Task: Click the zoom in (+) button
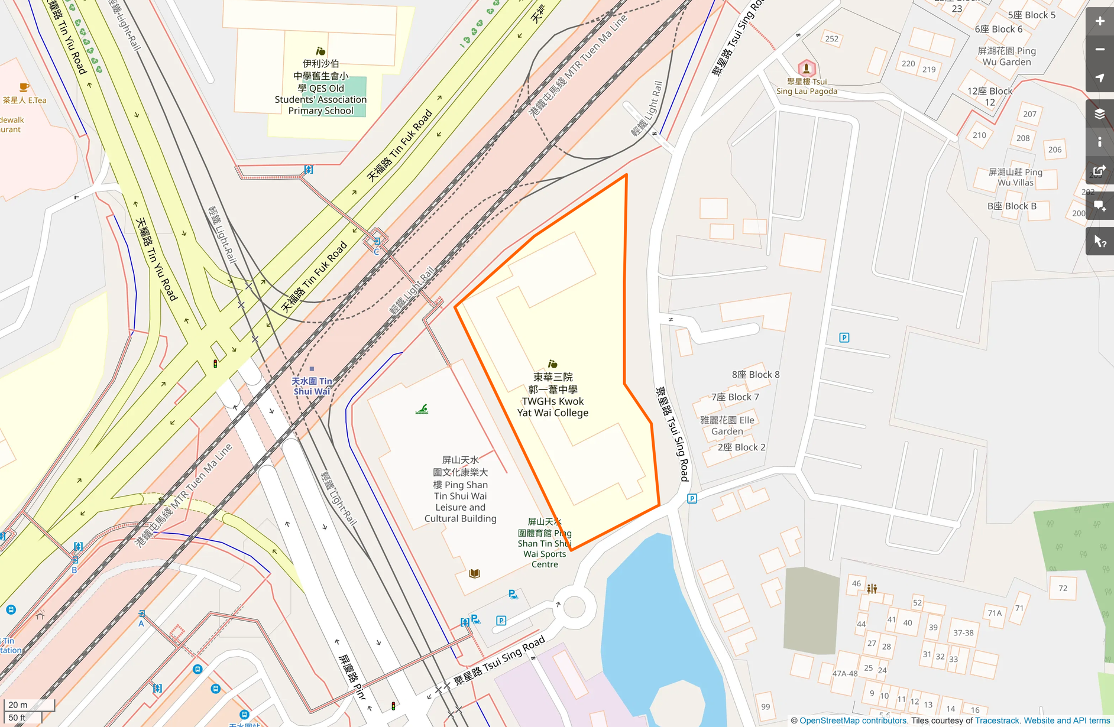coord(1099,21)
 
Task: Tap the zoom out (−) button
coord(1099,50)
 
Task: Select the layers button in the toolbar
coord(1099,113)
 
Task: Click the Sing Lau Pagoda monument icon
coord(806,69)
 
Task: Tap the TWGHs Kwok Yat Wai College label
coord(552,395)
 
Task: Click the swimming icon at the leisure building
coord(422,409)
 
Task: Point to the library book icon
coord(474,573)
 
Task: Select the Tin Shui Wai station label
coord(312,386)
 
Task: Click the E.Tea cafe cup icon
coord(24,87)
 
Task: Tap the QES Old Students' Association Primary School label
coord(320,87)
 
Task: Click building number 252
coord(831,39)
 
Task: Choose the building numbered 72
coord(1063,588)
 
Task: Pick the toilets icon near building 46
coord(872,589)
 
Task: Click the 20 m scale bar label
coord(18,705)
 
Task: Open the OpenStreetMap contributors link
coord(853,720)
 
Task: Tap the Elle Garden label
coord(727,426)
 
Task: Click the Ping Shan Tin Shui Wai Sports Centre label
coord(545,543)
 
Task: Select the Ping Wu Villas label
coord(1015,177)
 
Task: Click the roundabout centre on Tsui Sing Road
coord(574,606)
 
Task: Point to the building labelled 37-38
coord(963,633)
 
